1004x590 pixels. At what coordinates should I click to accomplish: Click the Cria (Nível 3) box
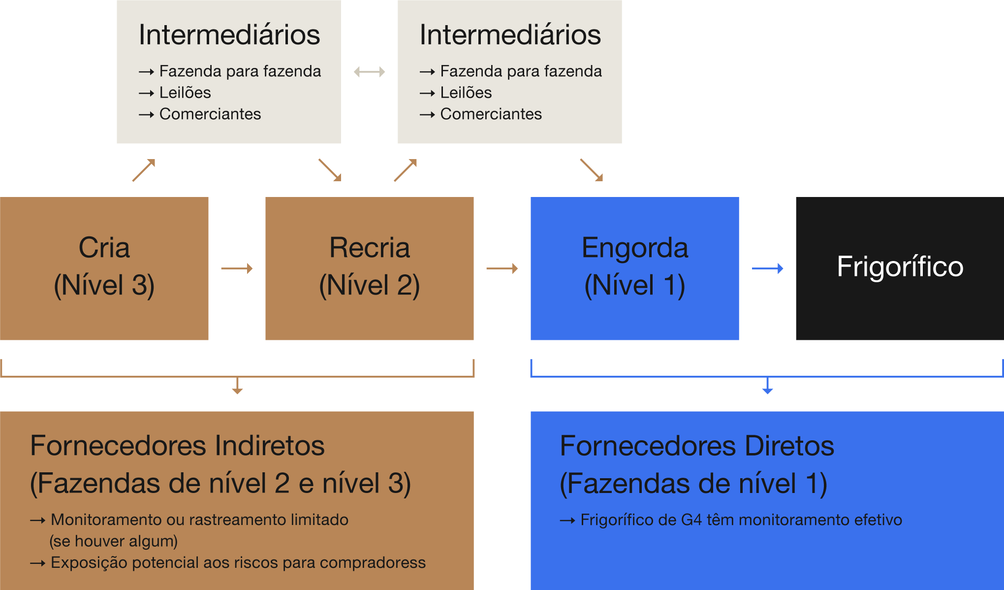pyautogui.click(x=104, y=268)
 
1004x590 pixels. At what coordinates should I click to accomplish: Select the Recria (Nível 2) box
pyautogui.click(x=369, y=268)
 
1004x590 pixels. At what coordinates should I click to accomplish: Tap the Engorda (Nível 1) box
pyautogui.click(x=634, y=268)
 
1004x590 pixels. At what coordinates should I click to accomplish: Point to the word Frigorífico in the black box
pyautogui.click(x=900, y=266)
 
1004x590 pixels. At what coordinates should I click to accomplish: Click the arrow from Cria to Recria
pyautogui.click(x=237, y=268)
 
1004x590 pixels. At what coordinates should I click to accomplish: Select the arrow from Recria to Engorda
pyautogui.click(x=502, y=268)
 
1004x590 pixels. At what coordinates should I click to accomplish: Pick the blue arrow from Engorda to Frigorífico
pyautogui.click(x=768, y=268)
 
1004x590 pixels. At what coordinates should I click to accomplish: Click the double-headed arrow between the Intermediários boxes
pyautogui.click(x=369, y=72)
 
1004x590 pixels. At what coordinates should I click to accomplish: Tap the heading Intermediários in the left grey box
pyautogui.click(x=229, y=35)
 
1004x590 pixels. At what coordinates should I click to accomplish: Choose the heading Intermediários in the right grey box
pyautogui.click(x=510, y=35)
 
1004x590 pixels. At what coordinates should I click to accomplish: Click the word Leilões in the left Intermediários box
pyautogui.click(x=185, y=93)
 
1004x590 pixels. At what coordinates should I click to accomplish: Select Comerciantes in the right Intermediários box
pyautogui.click(x=491, y=114)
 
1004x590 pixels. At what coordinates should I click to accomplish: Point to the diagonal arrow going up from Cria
pyautogui.click(x=144, y=170)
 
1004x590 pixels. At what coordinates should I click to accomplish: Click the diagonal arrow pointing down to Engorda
pyautogui.click(x=591, y=170)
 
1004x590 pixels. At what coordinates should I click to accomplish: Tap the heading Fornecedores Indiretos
pyautogui.click(x=177, y=446)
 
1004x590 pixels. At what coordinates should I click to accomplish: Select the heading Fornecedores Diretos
pyautogui.click(x=697, y=446)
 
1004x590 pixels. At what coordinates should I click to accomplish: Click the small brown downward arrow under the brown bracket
pyautogui.click(x=237, y=386)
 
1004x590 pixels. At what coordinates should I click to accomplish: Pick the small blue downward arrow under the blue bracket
pyautogui.click(x=767, y=386)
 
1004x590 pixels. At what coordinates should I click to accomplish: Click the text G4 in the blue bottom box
pyautogui.click(x=691, y=520)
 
